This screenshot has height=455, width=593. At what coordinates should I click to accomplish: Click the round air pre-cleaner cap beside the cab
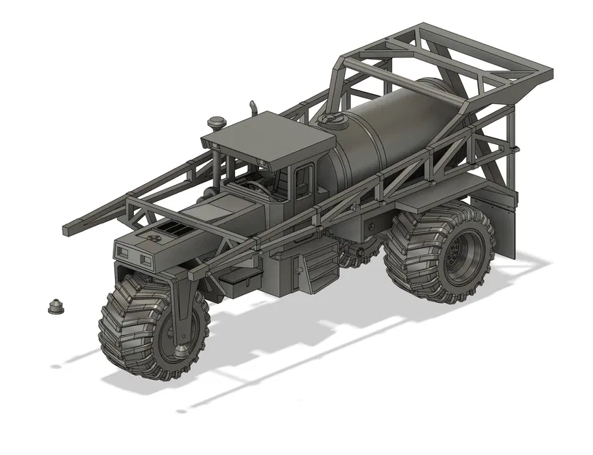[216, 120]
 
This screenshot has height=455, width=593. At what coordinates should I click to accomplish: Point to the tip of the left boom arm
[69, 230]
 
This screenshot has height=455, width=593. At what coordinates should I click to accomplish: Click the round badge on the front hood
[154, 236]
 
